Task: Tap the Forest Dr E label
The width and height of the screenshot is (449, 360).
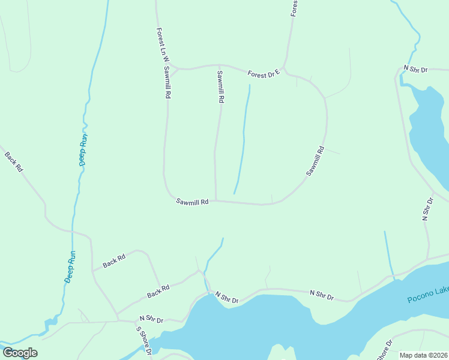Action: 264,74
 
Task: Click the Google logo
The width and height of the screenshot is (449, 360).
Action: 20,353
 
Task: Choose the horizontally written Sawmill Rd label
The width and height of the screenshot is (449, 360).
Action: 192,202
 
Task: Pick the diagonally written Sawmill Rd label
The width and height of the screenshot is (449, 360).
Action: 315,161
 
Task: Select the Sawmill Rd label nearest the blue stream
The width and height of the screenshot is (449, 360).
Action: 220,88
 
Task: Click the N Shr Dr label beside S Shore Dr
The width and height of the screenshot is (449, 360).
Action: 151,319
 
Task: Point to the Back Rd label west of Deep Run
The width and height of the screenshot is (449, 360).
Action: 13,162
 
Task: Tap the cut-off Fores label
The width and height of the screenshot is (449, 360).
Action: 294,8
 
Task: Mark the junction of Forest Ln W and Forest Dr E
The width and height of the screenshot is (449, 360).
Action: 172,67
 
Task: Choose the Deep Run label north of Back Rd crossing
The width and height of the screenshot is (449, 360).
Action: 84,149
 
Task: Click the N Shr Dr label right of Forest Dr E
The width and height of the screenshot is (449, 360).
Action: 415,70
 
